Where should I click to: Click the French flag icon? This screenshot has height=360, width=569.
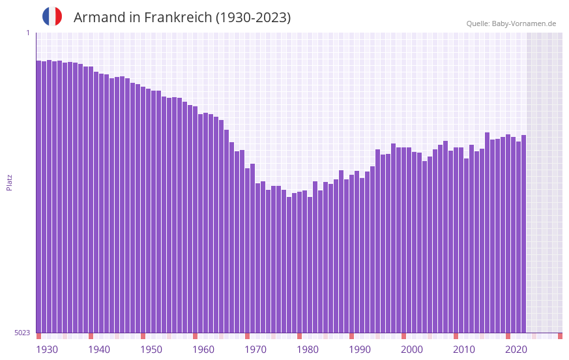[x=52, y=17]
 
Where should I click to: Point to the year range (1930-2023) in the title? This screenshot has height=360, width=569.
[x=254, y=18]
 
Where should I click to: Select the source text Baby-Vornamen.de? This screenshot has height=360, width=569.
[x=524, y=23]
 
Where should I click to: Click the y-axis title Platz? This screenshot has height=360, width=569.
[x=9, y=182]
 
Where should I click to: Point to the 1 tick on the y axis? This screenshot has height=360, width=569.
[x=27, y=33]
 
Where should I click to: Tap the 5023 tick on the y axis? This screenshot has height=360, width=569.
[x=22, y=333]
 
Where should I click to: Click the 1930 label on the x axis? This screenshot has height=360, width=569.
[x=47, y=349]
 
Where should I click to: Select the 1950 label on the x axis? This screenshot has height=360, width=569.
[x=151, y=349]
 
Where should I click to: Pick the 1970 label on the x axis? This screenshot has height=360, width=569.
[x=255, y=349]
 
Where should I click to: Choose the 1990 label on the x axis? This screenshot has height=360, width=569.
[x=360, y=349]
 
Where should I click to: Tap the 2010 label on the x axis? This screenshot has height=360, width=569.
[x=464, y=349]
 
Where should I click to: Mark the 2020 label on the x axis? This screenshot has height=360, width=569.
[x=516, y=349]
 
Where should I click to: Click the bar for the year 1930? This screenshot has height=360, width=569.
[x=38, y=196]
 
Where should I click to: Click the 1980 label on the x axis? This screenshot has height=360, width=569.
[x=308, y=349]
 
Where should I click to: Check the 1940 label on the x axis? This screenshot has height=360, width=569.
[x=99, y=349]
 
